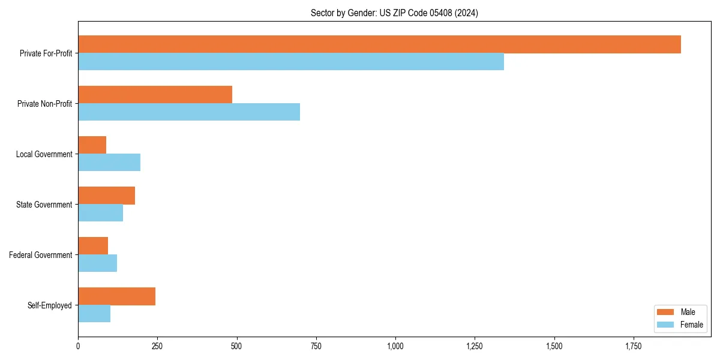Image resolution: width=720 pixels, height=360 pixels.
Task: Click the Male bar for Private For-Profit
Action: click(379, 44)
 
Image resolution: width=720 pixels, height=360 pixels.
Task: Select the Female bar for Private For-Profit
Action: click(291, 62)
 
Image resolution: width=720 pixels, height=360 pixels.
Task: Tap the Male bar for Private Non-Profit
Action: click(155, 95)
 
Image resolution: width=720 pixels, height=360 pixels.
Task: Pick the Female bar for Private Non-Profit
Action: click(189, 112)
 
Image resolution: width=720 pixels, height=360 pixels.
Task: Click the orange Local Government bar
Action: click(92, 145)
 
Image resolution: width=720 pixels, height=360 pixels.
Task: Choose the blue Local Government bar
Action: click(109, 163)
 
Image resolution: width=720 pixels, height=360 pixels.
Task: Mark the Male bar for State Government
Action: click(106, 196)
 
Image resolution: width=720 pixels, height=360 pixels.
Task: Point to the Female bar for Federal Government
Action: click(97, 263)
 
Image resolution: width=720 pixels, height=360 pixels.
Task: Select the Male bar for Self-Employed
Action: click(116, 296)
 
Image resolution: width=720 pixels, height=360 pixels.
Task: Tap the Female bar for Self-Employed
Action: click(94, 314)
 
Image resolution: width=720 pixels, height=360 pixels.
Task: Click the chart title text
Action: click(394, 13)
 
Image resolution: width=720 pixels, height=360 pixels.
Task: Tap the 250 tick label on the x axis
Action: click(157, 346)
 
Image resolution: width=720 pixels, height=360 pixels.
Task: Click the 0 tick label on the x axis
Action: click(78, 346)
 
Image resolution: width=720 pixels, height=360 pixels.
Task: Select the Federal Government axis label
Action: click(40, 255)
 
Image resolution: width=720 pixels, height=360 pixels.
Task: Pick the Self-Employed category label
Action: click(49, 305)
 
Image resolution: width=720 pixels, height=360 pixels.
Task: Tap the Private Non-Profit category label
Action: click(44, 104)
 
